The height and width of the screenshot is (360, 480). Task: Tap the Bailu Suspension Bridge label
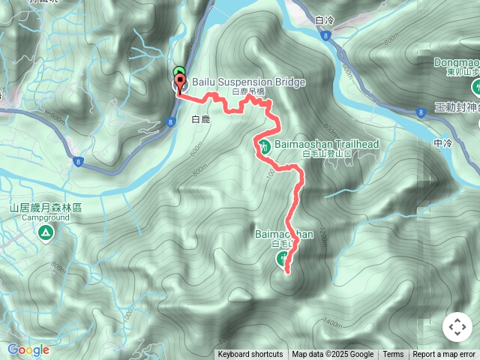[x=238, y=81]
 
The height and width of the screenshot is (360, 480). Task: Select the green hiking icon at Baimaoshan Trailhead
[x=265, y=145]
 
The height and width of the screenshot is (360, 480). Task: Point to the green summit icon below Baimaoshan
[x=282, y=259]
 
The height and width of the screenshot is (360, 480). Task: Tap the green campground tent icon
[x=46, y=233]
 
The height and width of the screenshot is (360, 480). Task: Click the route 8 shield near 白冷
[x=324, y=35]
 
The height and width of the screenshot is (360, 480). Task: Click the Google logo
[x=28, y=349]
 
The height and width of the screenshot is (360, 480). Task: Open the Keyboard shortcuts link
[x=250, y=355]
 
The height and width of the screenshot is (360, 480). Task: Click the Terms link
[x=393, y=355]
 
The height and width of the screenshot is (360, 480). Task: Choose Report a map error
[x=445, y=355]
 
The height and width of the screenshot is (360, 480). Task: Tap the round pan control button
[x=457, y=327]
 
